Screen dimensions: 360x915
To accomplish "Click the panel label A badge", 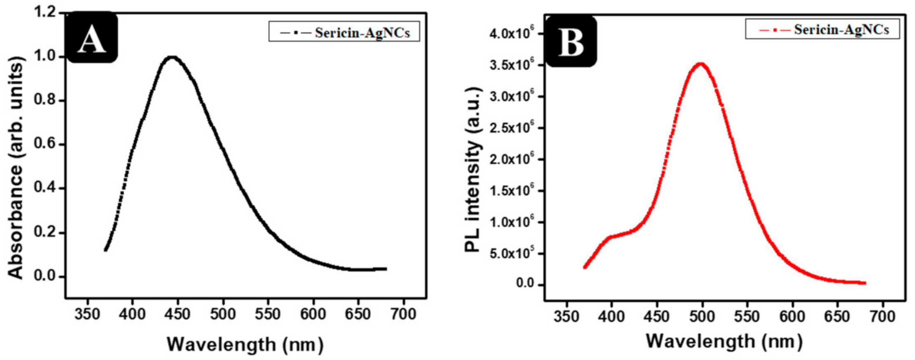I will click(x=92, y=38).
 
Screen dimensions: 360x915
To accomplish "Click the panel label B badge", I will click(x=571, y=42).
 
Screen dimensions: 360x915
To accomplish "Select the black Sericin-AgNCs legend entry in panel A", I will click(x=344, y=32).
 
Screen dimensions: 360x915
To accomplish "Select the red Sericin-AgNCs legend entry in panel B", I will click(x=822, y=30).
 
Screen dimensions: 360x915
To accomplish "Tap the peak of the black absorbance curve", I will click(x=172, y=57).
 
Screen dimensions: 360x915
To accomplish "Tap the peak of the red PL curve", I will click(x=701, y=64).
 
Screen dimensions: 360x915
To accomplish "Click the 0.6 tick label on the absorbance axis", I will click(x=45, y=144).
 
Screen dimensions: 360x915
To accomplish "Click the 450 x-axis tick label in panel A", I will click(x=177, y=314).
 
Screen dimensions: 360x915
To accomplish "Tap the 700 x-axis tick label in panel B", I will click(x=882, y=316).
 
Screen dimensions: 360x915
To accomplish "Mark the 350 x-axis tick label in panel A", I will click(x=87, y=314).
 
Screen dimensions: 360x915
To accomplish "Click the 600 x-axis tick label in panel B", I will click(x=792, y=316).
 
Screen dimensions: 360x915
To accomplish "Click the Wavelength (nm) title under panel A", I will click(x=245, y=344).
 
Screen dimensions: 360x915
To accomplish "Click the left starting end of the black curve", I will click(x=106, y=250).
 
